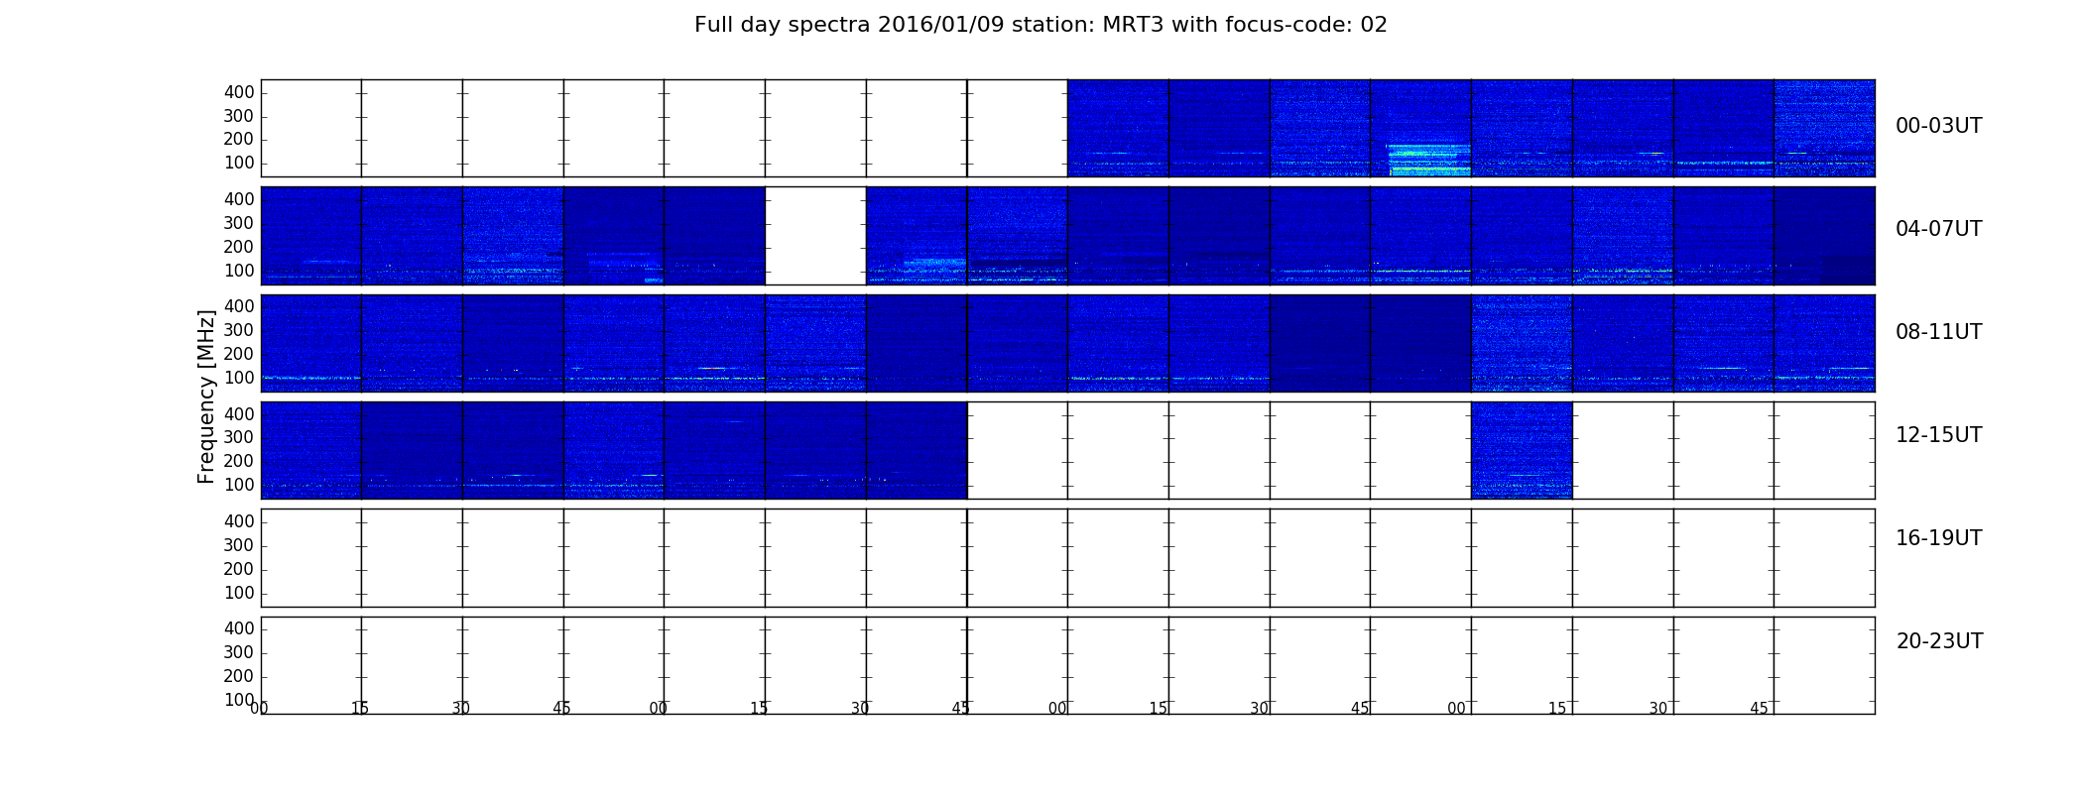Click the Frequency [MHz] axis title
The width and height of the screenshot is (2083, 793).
tap(206, 396)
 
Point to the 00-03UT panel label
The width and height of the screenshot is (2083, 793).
tap(1938, 126)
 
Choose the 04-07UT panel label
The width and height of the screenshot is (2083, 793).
tap(1938, 229)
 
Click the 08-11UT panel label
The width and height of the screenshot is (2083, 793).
tap(1938, 332)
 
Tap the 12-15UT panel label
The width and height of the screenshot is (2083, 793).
tap(1938, 435)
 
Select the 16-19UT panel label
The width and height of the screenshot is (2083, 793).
tap(1938, 538)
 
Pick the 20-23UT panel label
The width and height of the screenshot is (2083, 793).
tap(1938, 641)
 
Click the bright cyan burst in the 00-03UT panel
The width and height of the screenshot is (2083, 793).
tap(1428, 159)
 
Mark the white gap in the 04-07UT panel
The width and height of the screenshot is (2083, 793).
tap(815, 236)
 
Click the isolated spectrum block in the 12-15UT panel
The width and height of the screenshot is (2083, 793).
tap(1522, 450)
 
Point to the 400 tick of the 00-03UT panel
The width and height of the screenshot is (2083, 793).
tap(239, 92)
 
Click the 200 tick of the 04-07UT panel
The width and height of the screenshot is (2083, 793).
tap(239, 247)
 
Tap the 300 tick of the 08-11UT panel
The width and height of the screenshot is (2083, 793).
tap(239, 330)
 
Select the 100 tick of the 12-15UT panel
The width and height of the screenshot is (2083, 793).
tap(239, 485)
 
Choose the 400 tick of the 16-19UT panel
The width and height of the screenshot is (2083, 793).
tap(239, 521)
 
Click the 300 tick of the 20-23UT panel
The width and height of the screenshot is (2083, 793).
tap(239, 652)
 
